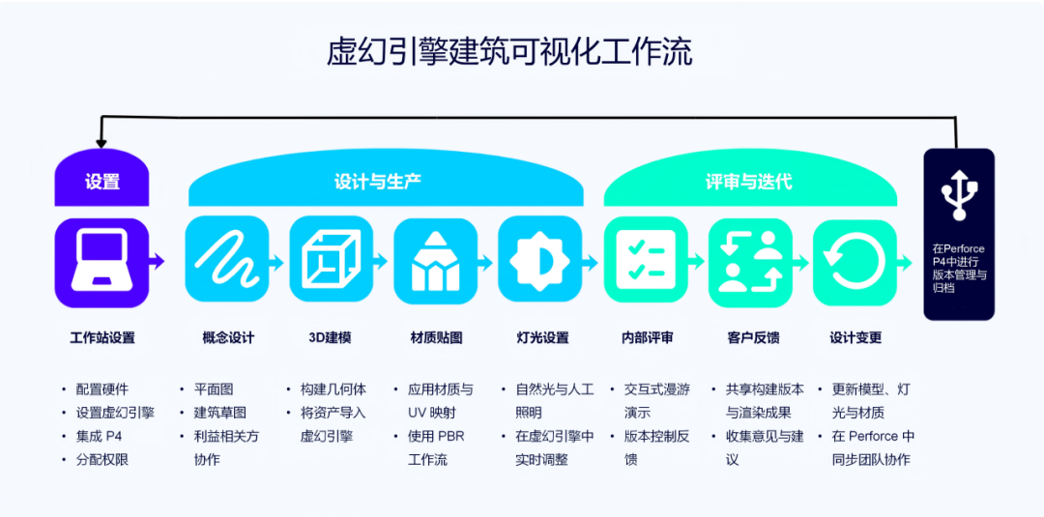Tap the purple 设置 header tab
101,181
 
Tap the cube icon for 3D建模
332,259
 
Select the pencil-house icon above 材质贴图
436,259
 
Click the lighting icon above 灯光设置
540,259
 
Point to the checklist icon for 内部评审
646,259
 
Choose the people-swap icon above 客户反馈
750,259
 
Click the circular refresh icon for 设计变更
855,259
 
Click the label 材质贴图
436,338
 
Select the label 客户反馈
752,338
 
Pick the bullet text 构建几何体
333,389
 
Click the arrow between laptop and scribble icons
157,261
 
